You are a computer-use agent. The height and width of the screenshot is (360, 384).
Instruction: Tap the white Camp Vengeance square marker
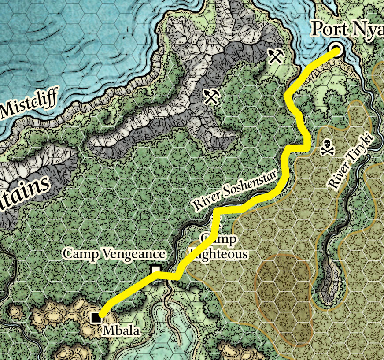(x=155, y=269)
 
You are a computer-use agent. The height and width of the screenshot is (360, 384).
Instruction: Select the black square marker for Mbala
(x=95, y=317)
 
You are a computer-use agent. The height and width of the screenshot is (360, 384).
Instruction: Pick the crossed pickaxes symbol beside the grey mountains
(x=211, y=96)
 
